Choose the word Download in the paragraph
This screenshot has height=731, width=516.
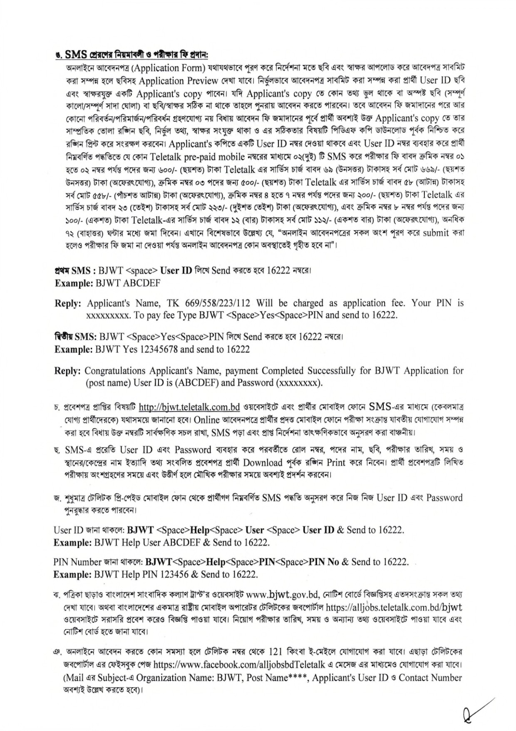(263, 462)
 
